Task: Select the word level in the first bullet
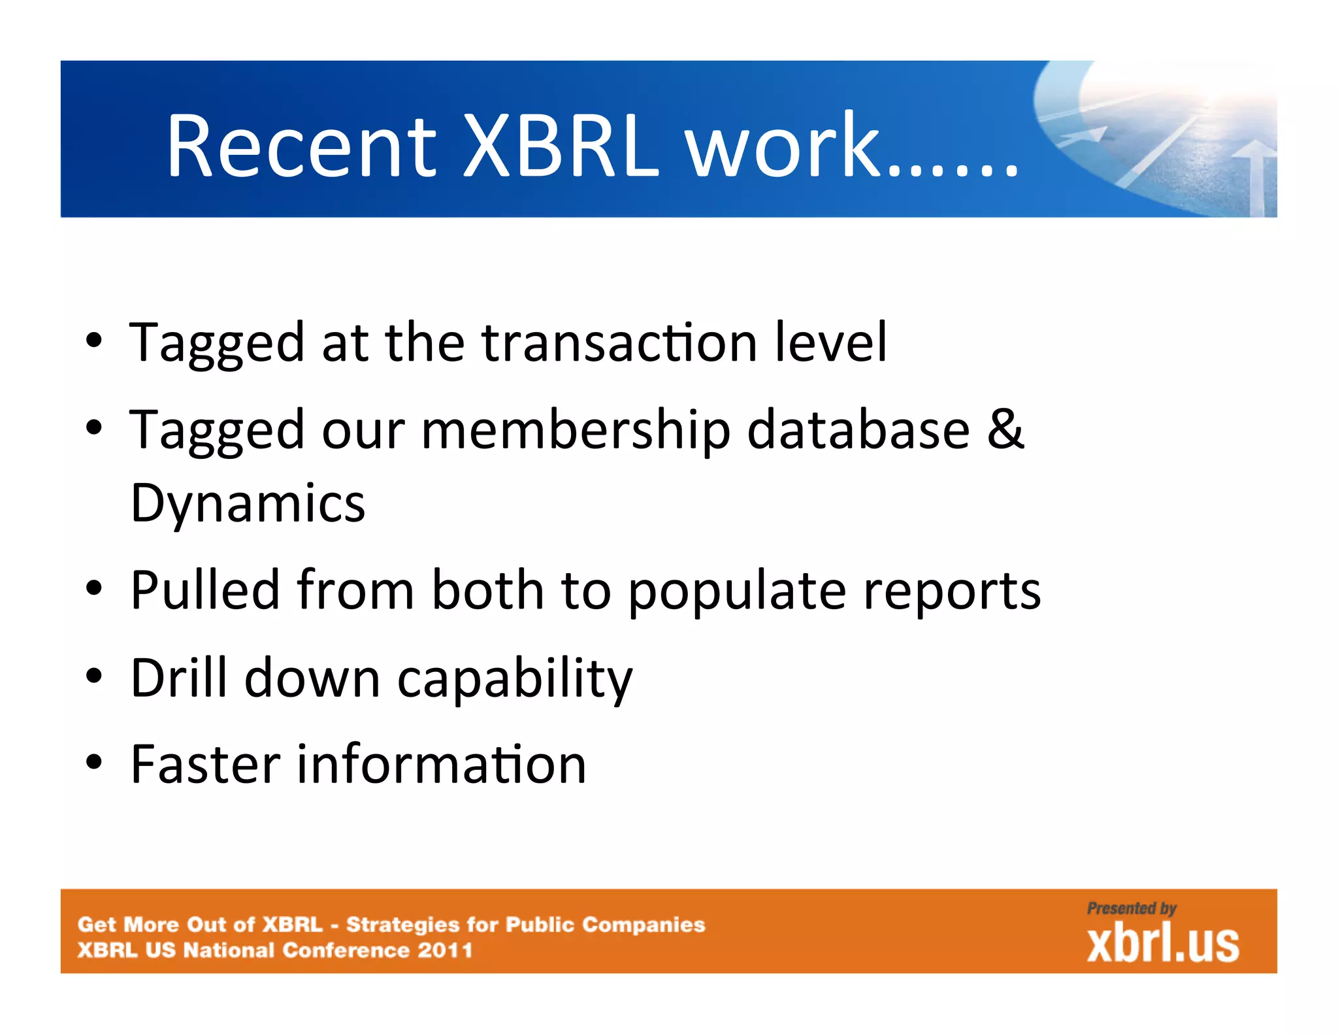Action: (830, 342)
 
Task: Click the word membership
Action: (576, 430)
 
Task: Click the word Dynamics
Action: (248, 503)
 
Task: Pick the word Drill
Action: (179, 677)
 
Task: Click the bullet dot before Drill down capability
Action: (95, 677)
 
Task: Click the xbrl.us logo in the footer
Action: (1163, 944)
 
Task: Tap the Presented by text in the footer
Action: (1132, 909)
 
